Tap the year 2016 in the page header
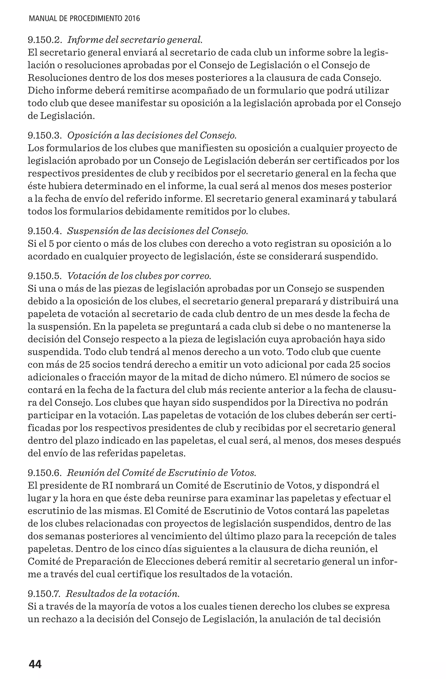coord(132,19)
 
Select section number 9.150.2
coord(45,40)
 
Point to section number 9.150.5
coord(45,276)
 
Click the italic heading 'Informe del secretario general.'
coord(135,40)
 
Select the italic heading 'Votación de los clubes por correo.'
coord(139,276)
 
